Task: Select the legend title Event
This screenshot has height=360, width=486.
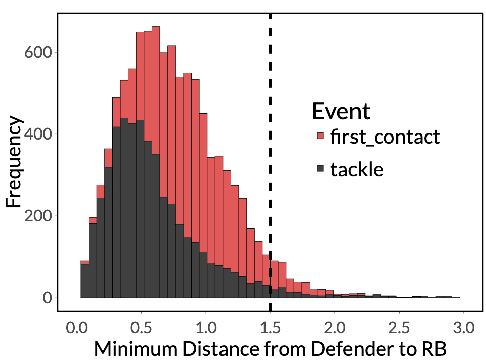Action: (341, 111)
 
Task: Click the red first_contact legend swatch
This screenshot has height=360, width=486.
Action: (320, 136)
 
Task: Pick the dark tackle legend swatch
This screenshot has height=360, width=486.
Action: (320, 169)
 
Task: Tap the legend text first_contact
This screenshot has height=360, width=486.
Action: (385, 137)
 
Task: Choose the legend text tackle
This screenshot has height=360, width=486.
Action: (357, 169)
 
